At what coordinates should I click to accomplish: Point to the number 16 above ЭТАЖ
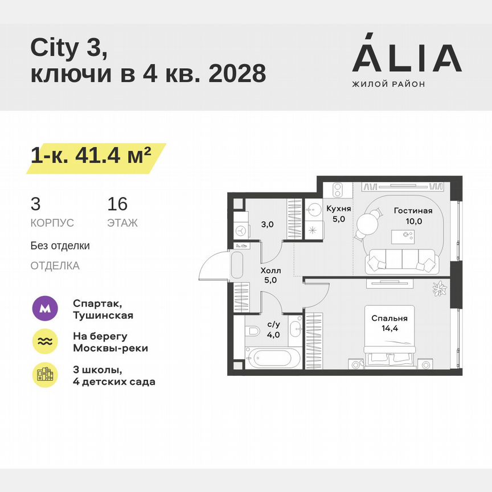(x=117, y=204)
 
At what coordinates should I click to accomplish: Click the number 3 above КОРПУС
(x=35, y=204)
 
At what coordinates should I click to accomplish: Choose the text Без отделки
(x=60, y=246)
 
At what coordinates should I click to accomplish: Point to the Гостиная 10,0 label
(x=413, y=215)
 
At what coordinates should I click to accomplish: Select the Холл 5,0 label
(x=270, y=275)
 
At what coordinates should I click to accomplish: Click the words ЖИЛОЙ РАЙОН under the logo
(x=388, y=84)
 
